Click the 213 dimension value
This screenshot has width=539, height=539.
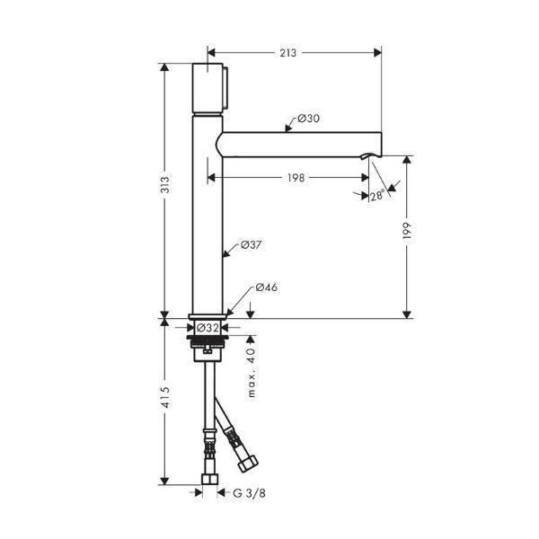pos(287,53)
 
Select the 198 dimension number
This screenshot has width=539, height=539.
pos(296,178)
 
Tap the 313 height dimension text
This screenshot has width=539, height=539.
pos(165,184)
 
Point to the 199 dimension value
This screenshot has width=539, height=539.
pos(407,231)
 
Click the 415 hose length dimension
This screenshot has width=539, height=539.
pos(165,397)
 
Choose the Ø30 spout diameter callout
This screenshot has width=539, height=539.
pos(308,119)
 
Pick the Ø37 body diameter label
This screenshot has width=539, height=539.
pos(251,244)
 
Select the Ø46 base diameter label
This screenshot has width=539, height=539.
pos(267,287)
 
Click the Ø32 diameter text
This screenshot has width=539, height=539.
pos(208,328)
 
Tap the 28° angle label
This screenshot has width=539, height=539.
pos(377,195)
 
